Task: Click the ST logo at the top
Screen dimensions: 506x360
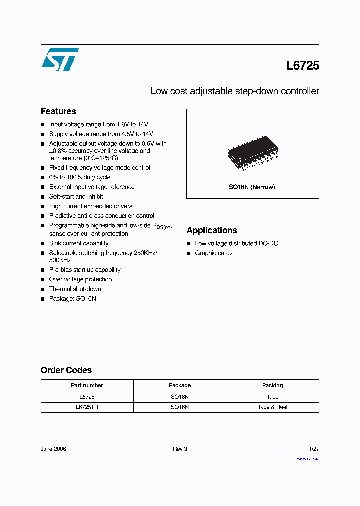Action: tap(60, 59)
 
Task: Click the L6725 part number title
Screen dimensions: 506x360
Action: tap(302, 65)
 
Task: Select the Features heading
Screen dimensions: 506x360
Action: tap(58, 111)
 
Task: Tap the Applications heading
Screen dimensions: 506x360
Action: tap(212, 230)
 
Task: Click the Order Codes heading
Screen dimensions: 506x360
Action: tap(66, 370)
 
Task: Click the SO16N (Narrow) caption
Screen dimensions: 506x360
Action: tap(252, 187)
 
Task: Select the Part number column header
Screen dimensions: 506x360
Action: tap(87, 385)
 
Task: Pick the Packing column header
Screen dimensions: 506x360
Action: tap(272, 385)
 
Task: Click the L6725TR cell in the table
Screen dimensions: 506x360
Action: tap(87, 407)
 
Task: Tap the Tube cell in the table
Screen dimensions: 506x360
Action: tap(272, 396)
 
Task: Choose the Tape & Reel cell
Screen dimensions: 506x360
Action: tap(272, 407)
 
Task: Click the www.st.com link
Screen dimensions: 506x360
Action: tap(308, 459)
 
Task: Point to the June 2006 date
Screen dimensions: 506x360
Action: tap(53, 449)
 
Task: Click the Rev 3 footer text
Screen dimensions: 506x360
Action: tap(180, 449)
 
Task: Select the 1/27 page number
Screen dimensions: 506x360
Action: tap(314, 449)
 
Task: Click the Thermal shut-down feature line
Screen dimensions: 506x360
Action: tap(75, 289)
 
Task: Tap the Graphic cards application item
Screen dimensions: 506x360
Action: tap(214, 253)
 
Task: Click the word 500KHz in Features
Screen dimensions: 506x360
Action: tap(60, 260)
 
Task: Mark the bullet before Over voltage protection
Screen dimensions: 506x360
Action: tap(43, 280)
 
